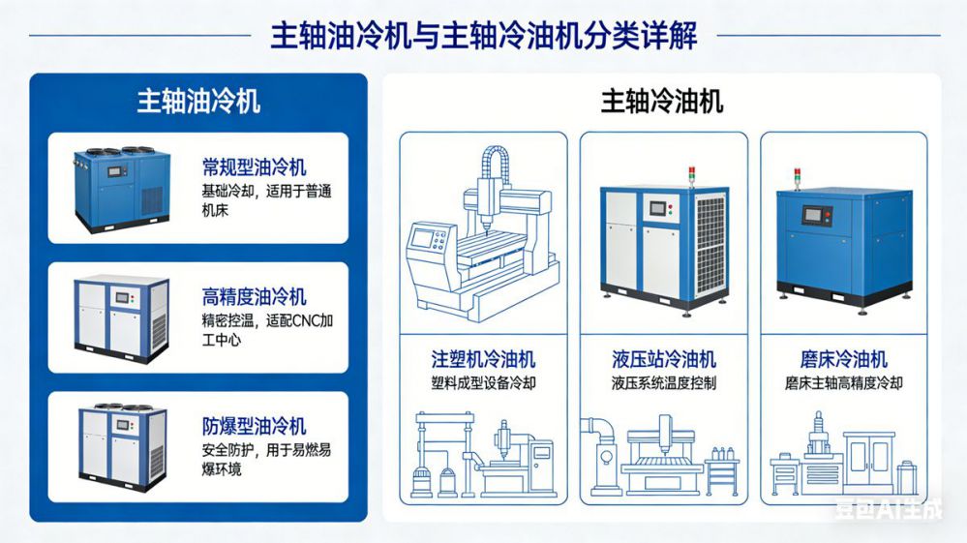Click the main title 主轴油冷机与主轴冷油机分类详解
(483, 36)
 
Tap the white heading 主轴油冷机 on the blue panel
(198, 102)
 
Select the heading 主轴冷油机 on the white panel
(662, 102)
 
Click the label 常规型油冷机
(255, 167)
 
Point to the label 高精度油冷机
(255, 297)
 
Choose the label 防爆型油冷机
(255, 427)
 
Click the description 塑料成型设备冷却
(483, 383)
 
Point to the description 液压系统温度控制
(663, 383)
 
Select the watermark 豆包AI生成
(889, 509)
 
